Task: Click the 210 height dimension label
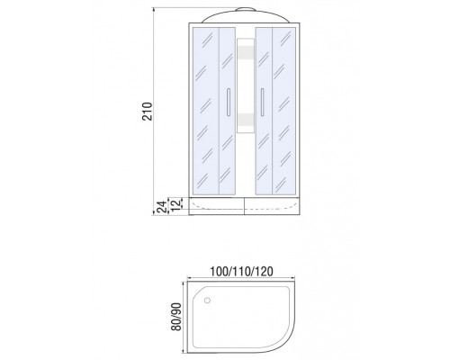tap(148, 112)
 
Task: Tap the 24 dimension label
tap(162, 207)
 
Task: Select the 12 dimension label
tap(177, 203)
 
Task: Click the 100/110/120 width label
tap(241, 272)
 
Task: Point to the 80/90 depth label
tap(176, 317)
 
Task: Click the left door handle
tap(228, 102)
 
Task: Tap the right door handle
tap(263, 102)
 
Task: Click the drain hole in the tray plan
tap(207, 300)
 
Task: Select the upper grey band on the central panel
tap(246, 53)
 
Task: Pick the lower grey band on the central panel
tap(246, 120)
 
